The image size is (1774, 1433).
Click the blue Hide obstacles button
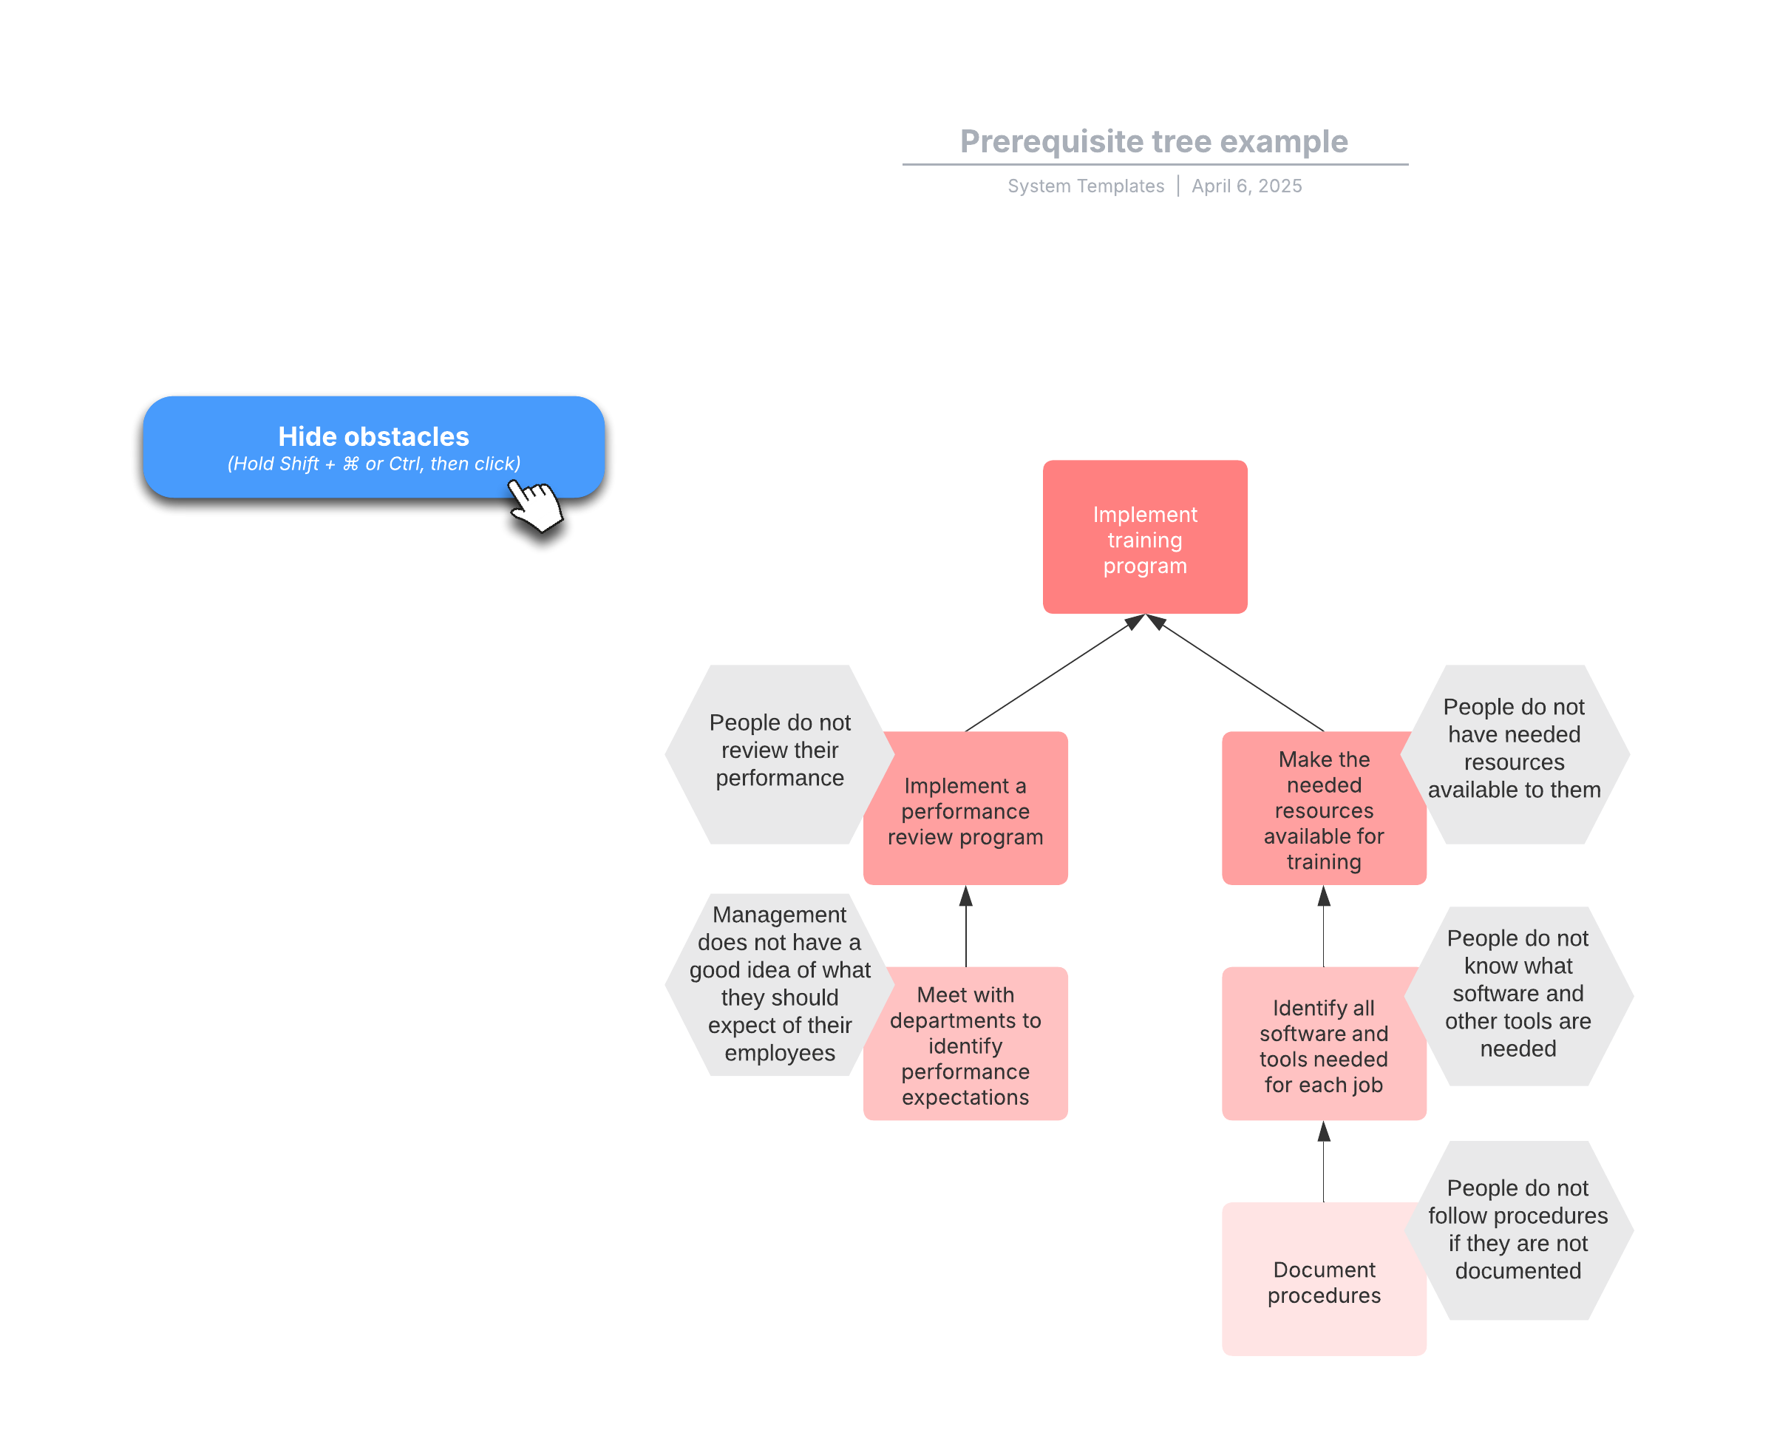coord(373,447)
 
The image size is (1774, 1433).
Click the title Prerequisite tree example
coord(1154,141)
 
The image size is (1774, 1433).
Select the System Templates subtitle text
coord(1085,186)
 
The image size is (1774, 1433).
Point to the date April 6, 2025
coord(1246,186)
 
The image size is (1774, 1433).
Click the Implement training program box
coord(1144,537)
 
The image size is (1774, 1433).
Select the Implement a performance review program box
coord(965,808)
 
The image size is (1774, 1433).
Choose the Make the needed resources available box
coord(1324,808)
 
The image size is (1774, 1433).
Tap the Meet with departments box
coord(965,1043)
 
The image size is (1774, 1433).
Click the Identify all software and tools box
coord(1324,1043)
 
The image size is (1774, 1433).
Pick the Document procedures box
coord(1324,1278)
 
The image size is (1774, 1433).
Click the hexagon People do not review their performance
coord(779,754)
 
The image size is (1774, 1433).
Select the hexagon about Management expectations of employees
coord(779,984)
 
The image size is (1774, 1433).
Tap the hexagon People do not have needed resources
coord(1514,754)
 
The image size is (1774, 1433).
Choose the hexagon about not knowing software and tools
coord(1518,995)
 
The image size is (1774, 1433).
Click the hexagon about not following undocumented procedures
coord(1518,1230)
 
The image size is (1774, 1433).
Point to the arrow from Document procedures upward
coord(1324,1162)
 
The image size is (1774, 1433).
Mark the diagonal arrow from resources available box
coord(1234,673)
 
